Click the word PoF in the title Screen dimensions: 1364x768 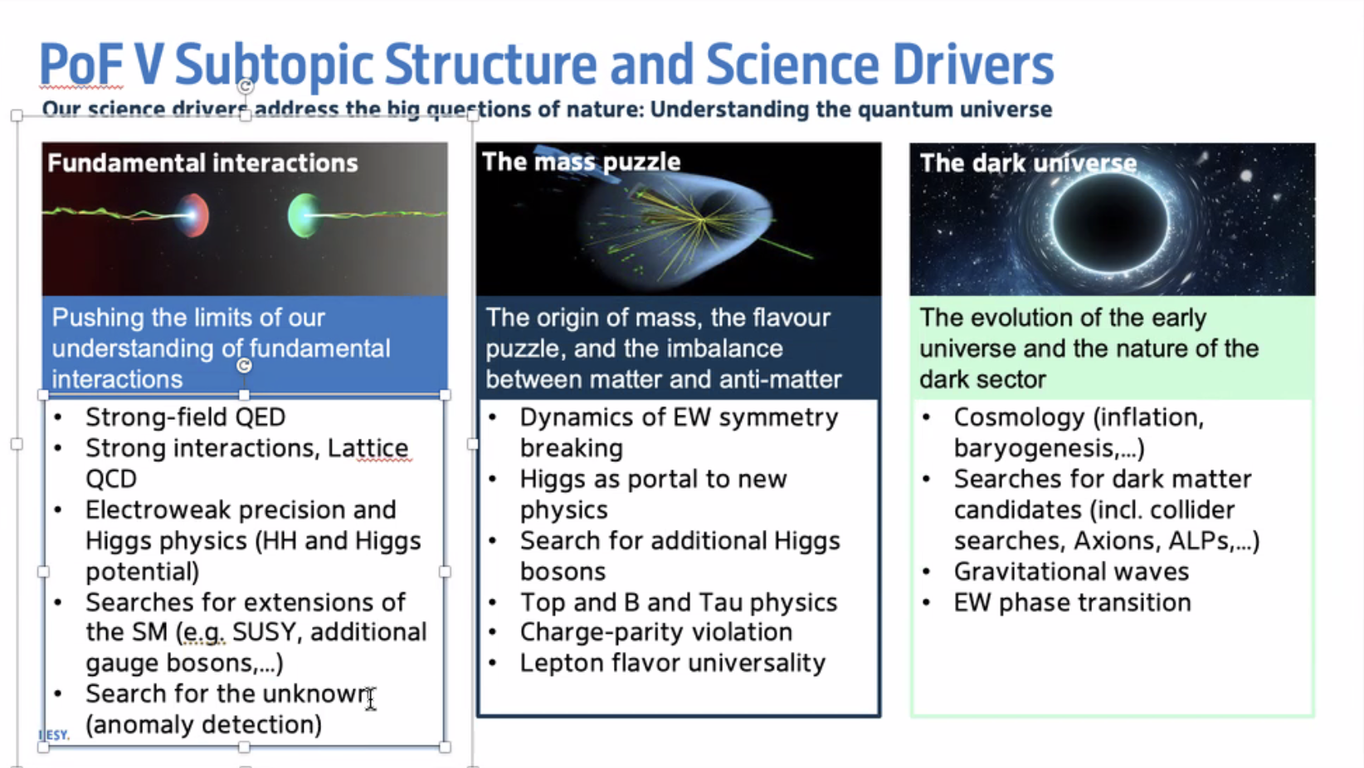tap(81, 65)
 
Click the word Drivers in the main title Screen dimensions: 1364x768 tap(973, 65)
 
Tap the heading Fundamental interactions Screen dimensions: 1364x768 tap(202, 163)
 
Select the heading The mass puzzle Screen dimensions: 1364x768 tap(581, 162)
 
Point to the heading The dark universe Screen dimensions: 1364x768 tap(1028, 163)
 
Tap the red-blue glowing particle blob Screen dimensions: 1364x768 tap(193, 215)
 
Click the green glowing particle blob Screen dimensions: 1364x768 tap(303, 215)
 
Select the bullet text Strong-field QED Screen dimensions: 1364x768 tap(185, 417)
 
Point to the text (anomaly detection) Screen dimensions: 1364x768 tap(203, 725)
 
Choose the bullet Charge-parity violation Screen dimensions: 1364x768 tap(655, 632)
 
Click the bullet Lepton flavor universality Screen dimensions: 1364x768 tap(672, 663)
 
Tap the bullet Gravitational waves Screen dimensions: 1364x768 tap(1071, 572)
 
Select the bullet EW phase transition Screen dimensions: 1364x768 tap(1072, 602)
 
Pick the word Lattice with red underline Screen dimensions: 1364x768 tap(368, 448)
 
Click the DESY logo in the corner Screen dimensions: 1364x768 tap(54, 735)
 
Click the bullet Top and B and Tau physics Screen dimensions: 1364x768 tap(679, 602)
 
